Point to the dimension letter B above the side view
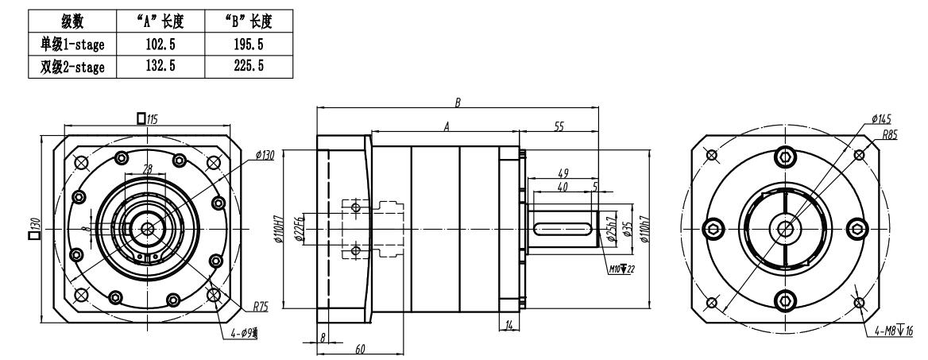coord(458,103)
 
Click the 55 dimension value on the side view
coord(559,127)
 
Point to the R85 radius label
coord(889,135)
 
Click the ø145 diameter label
coord(880,118)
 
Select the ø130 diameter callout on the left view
coord(264,156)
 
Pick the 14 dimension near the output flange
coord(509,326)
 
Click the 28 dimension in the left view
coord(147,168)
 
